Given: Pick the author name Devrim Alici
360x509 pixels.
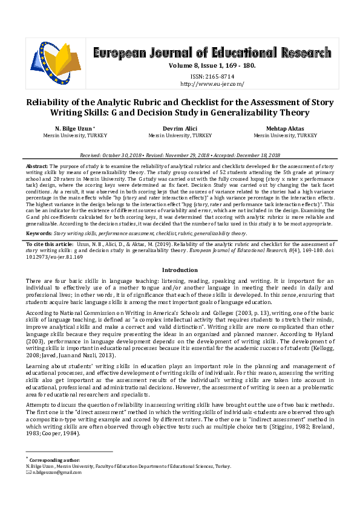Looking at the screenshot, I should coord(180,129).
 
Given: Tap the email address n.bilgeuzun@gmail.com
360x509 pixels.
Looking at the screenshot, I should coord(57,472).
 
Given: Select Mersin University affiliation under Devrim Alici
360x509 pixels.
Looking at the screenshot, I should coord(180,136).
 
